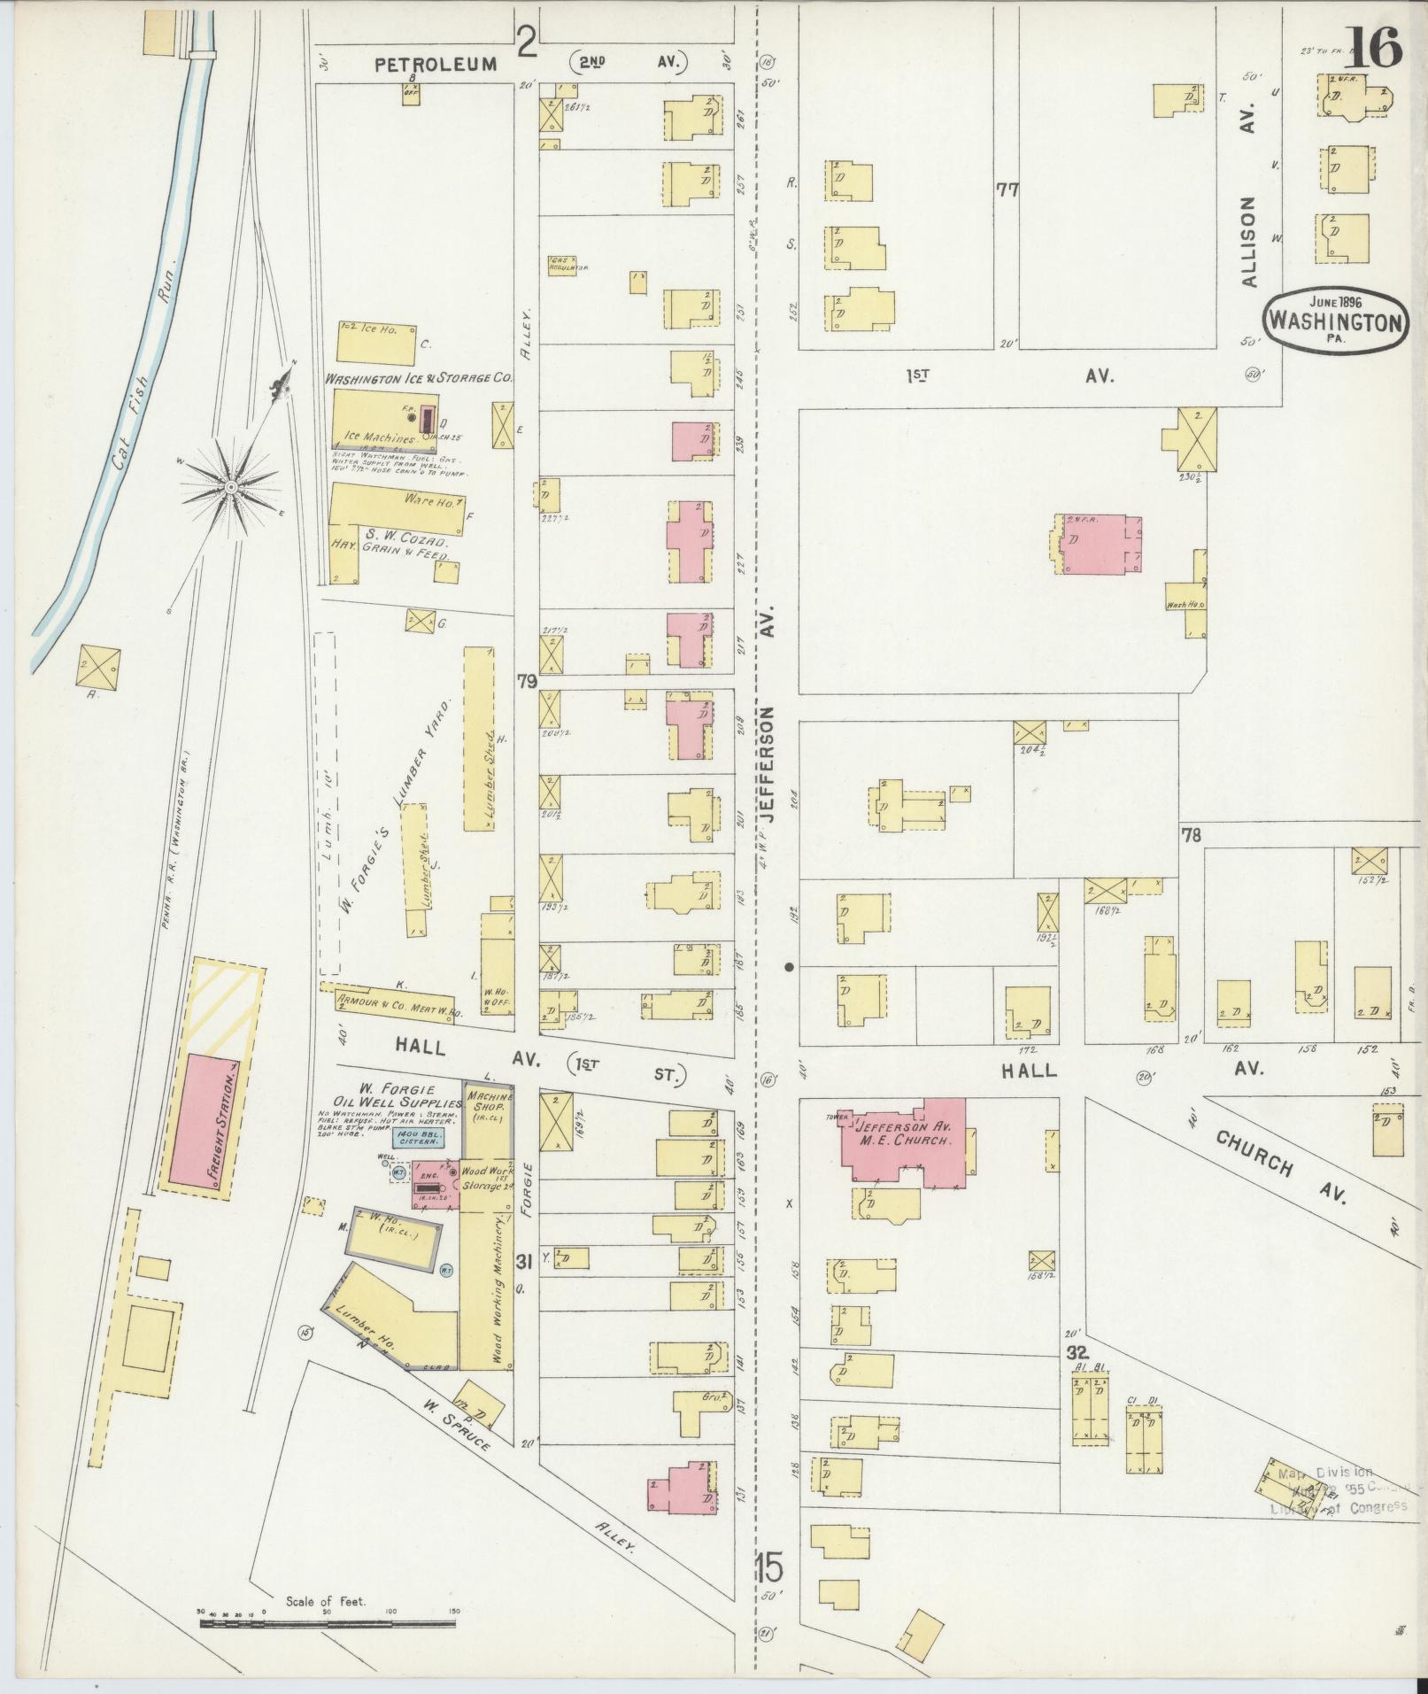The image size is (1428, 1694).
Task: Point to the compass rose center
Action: [230, 487]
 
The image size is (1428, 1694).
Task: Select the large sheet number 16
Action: [1373, 46]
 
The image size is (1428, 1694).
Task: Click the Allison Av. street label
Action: [1249, 241]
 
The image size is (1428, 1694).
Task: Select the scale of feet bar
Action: [328, 1624]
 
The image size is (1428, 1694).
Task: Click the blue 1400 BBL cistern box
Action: [420, 1138]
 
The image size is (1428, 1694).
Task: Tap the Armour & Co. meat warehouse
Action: [390, 1003]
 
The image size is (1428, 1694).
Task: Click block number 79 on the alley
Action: [528, 682]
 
